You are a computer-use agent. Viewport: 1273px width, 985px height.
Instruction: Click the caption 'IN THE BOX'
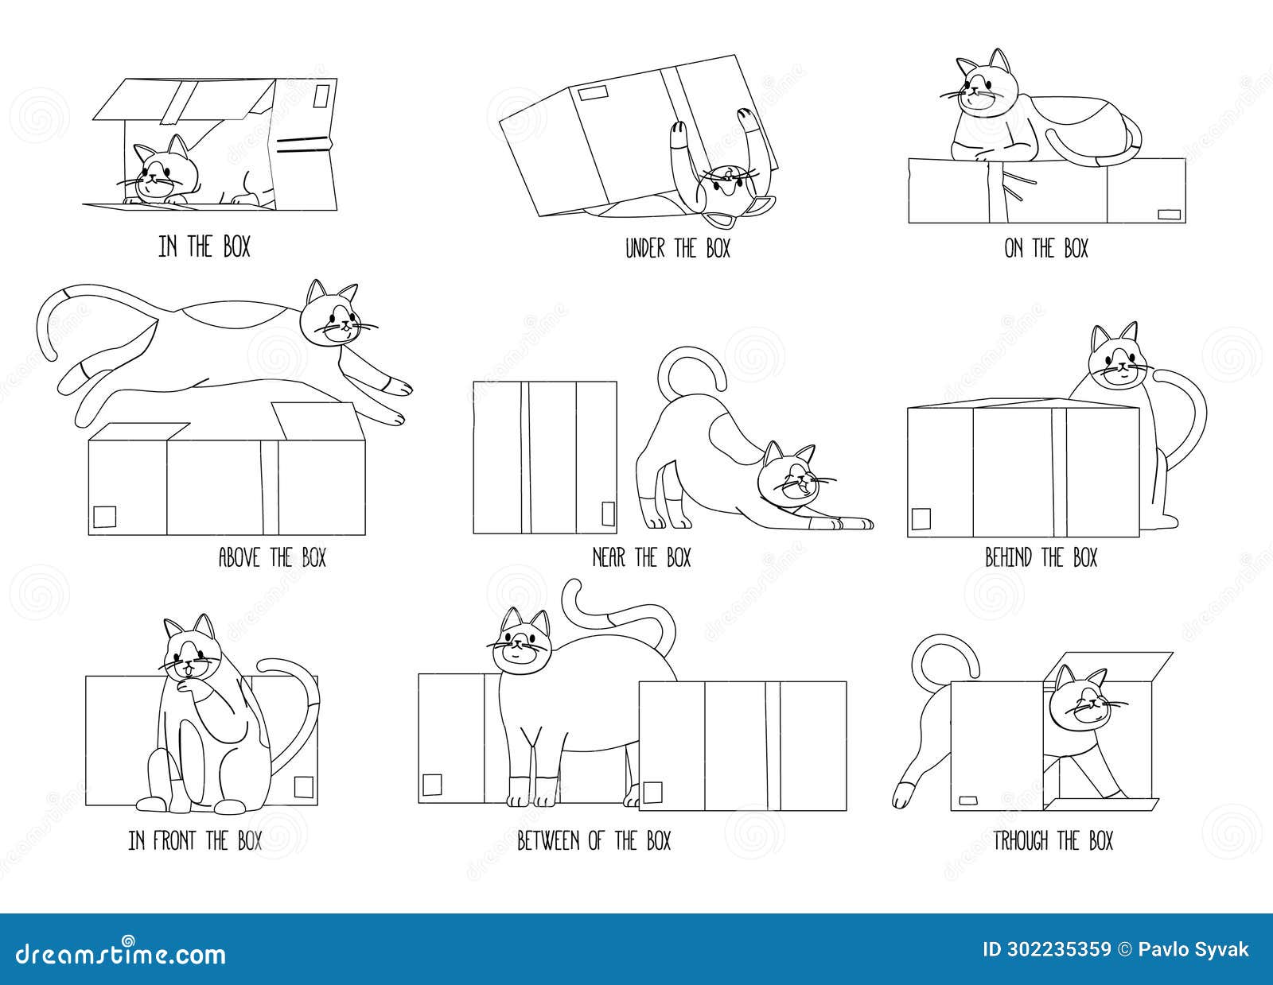[204, 247]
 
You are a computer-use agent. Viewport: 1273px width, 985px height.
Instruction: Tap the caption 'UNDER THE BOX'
[677, 249]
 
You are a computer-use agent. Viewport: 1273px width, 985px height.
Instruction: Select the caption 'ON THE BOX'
[1045, 249]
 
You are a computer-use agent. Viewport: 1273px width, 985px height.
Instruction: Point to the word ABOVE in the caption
[239, 557]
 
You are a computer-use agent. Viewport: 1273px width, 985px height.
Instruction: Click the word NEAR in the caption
[609, 557]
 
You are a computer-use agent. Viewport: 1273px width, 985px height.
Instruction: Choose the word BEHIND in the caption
[1008, 557]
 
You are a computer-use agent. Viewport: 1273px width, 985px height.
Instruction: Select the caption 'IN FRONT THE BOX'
[195, 840]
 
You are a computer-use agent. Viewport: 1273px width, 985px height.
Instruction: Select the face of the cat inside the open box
[158, 176]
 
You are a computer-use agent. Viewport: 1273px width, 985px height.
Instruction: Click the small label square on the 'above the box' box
[105, 518]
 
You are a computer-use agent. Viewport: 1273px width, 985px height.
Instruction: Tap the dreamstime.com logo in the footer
[117, 953]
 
